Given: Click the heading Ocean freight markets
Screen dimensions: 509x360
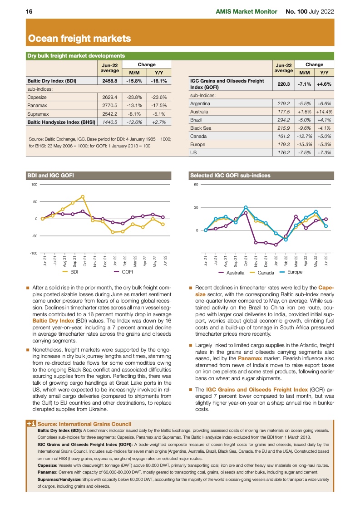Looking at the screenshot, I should coord(80,39).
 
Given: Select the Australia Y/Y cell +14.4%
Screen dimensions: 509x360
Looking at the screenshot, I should coord(324,112).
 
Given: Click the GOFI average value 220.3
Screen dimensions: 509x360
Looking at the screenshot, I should coord(283,83).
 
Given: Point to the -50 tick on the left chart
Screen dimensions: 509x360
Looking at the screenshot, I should coord(34,236).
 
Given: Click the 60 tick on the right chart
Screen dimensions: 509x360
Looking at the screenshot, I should coord(196,185).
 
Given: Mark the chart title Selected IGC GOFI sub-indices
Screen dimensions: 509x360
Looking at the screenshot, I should coord(230,175).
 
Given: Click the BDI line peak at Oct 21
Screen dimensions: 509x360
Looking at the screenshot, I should coord(83,196).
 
